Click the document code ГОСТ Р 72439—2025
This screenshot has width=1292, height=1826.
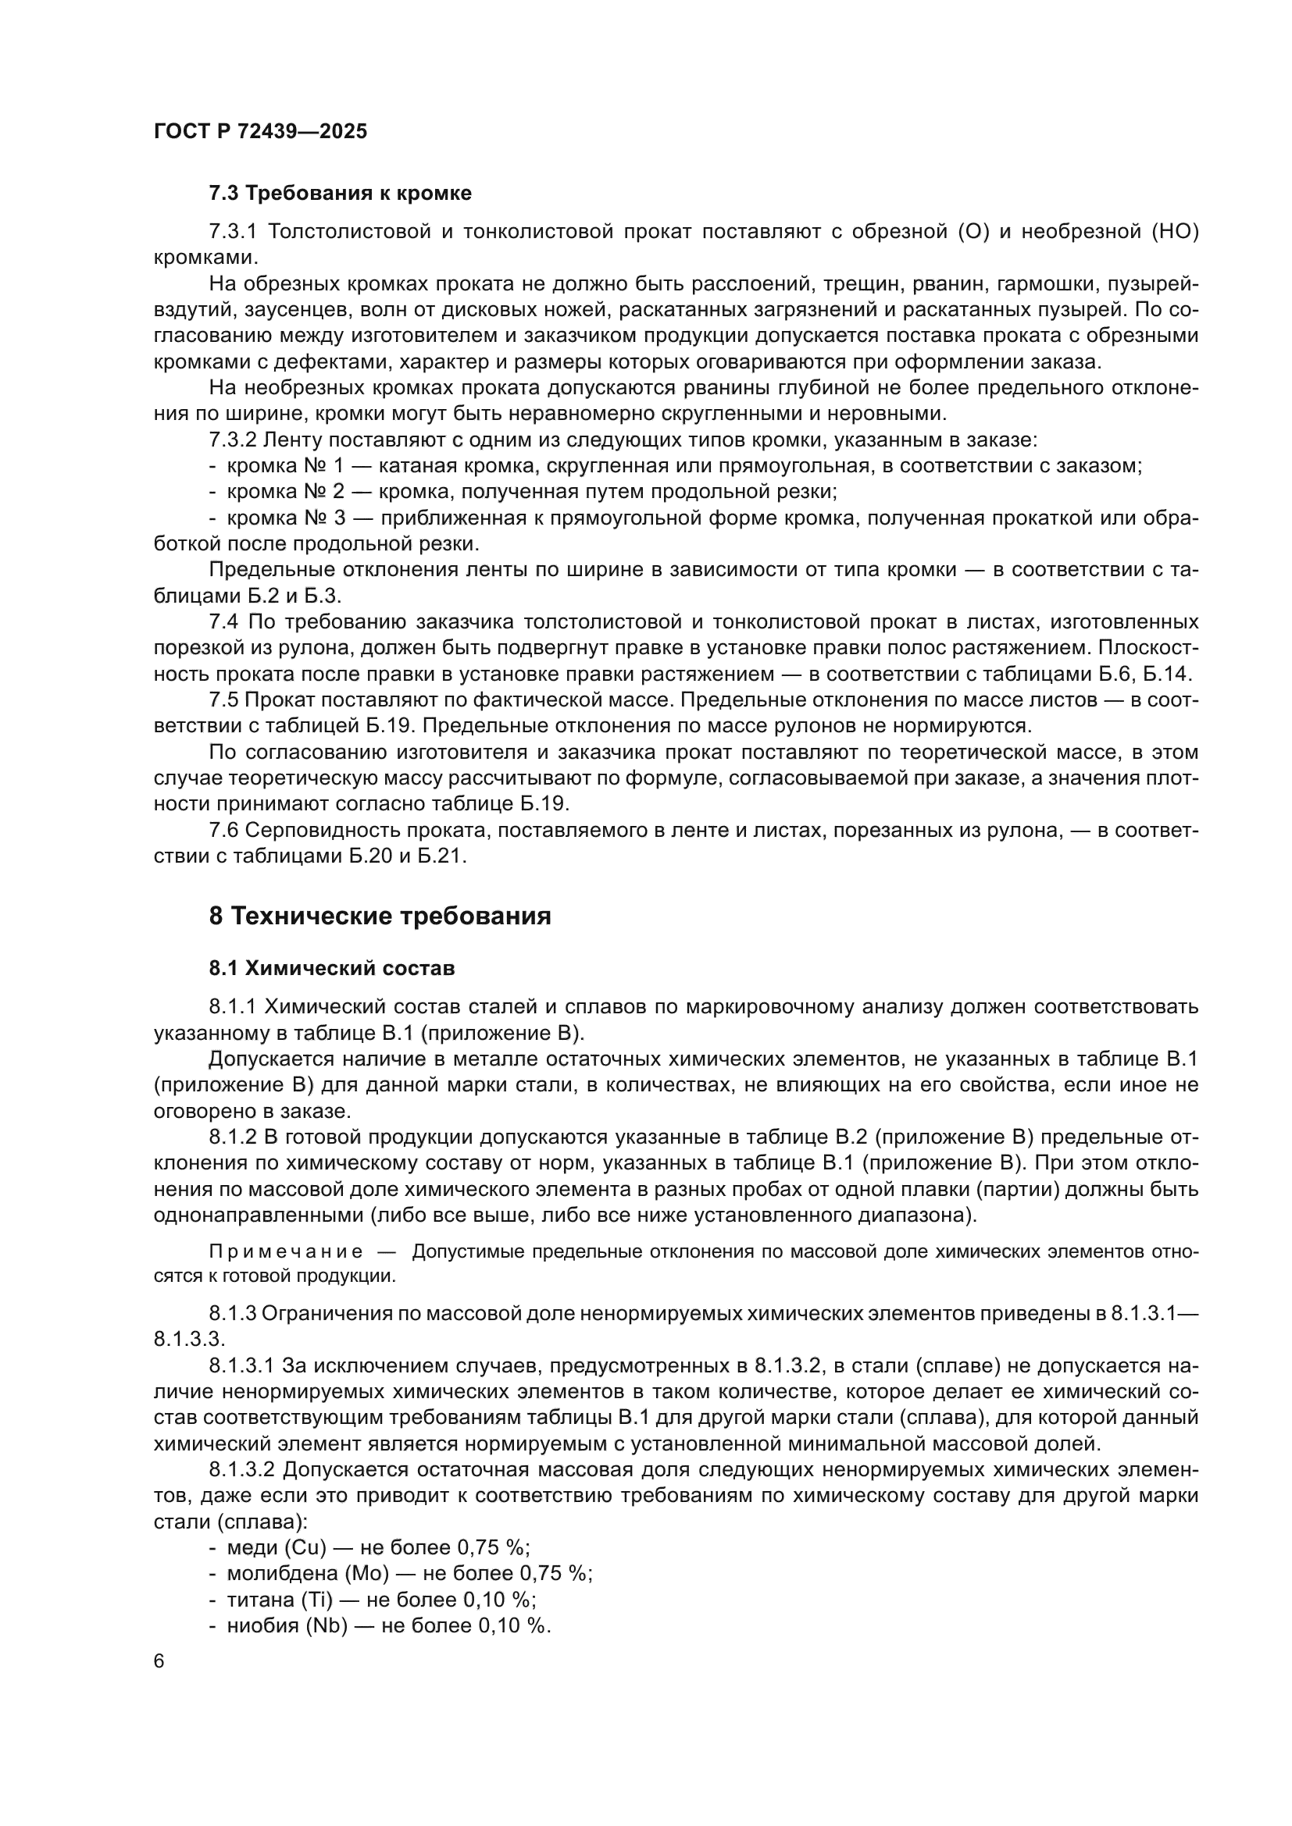tap(260, 132)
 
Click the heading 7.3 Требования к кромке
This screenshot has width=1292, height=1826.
tap(340, 194)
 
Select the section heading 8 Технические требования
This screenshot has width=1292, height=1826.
tap(380, 917)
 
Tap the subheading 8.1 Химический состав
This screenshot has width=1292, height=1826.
tap(332, 969)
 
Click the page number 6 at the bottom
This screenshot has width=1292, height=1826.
tap(159, 1661)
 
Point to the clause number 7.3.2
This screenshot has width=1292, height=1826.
tap(232, 440)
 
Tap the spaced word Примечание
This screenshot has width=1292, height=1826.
tap(287, 1252)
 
